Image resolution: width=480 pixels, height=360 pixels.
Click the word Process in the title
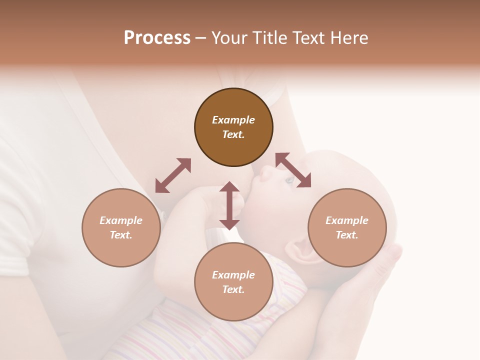157,38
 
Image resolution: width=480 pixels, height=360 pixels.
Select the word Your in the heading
229,38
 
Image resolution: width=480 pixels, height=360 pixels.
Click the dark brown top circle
233,127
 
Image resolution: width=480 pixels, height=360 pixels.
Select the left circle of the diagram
121,227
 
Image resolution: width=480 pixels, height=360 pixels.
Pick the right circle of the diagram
347,227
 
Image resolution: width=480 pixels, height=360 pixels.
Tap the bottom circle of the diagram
233,282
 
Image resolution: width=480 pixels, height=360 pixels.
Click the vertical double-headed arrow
229,205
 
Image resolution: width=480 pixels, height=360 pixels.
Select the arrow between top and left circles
173,175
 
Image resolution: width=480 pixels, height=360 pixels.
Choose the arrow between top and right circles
293,170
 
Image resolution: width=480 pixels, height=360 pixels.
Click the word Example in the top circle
233,120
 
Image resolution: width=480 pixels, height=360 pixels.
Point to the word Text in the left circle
121,235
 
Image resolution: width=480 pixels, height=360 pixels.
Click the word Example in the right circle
347,220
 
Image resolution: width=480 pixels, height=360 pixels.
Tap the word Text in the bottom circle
233,289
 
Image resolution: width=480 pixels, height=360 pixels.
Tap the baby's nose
265,172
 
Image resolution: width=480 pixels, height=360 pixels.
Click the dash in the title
200,38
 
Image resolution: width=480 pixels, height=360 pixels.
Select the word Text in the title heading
308,38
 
